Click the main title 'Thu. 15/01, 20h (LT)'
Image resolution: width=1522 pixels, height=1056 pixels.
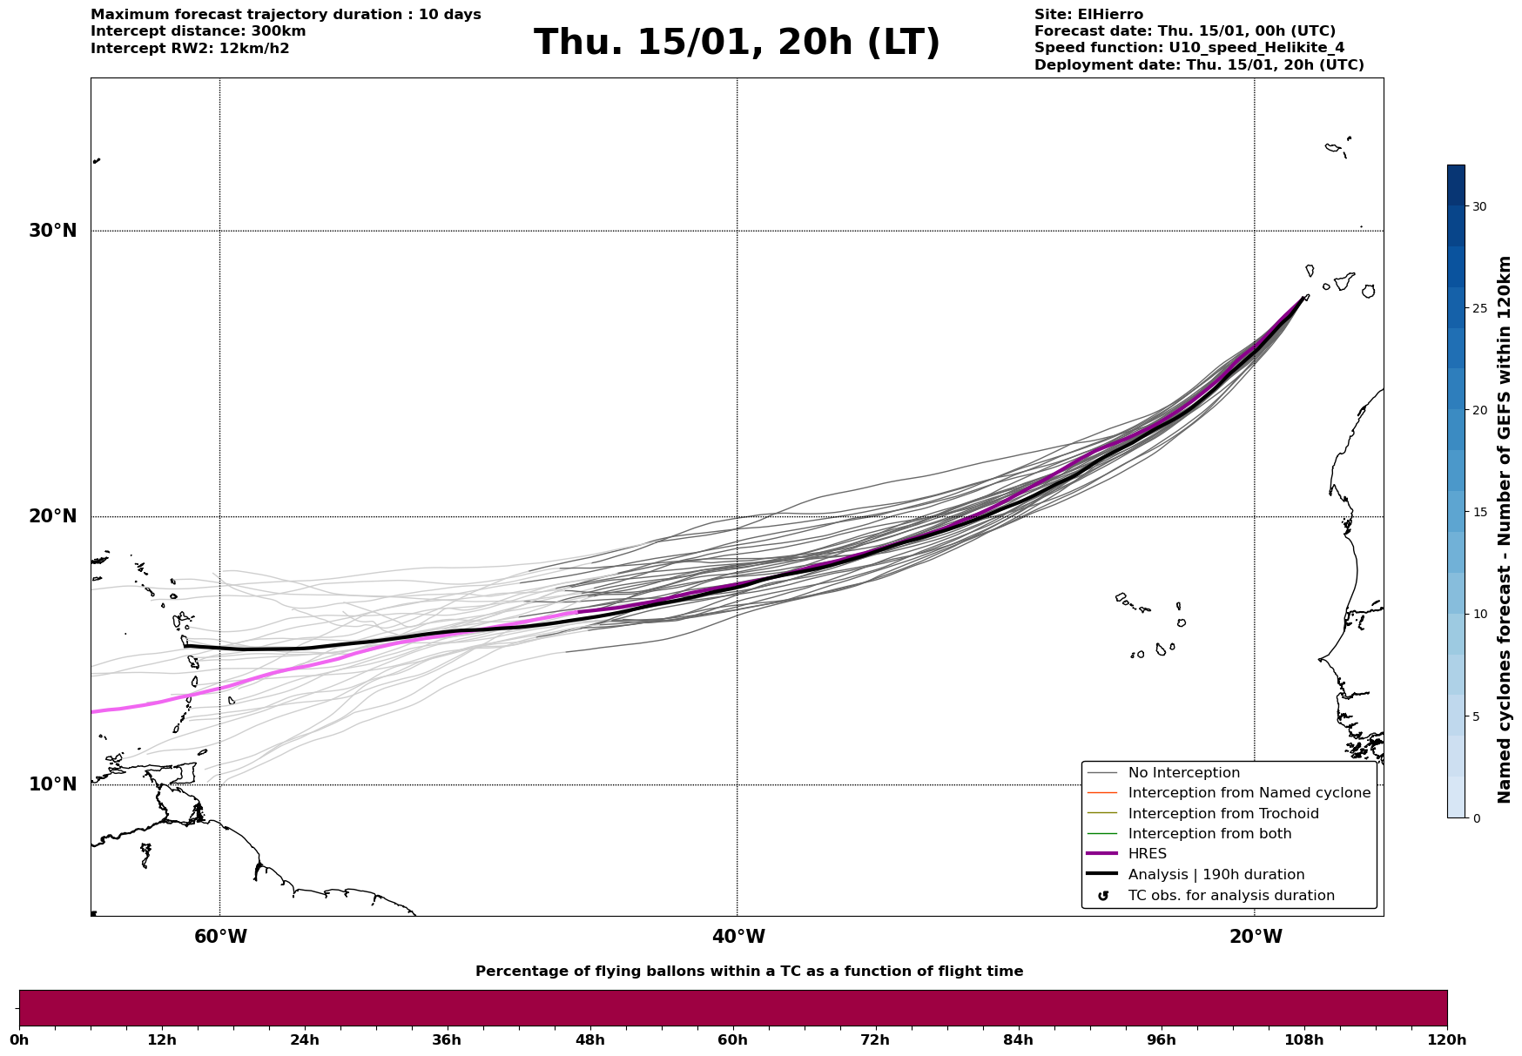coord(737,43)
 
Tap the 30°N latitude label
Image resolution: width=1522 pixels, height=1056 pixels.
coord(52,231)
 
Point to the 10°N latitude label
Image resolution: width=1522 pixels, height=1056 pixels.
coord(52,784)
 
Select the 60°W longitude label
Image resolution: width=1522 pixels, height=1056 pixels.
coord(220,937)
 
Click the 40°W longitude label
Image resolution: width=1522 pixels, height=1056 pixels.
coord(738,937)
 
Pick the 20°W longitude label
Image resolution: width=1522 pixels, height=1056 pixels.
coord(1256,937)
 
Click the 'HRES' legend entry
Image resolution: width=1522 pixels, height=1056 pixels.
coord(1147,854)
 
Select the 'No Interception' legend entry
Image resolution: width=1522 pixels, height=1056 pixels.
coord(1183,773)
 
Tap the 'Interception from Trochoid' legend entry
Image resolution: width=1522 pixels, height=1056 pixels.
coord(1222,814)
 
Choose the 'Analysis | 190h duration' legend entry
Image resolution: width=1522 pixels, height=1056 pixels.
coord(1216,875)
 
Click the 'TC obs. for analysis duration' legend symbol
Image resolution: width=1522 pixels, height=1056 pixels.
coord(1104,896)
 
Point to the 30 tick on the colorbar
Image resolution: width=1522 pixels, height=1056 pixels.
coord(1479,206)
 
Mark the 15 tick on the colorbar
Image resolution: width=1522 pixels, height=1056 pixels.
coord(1479,512)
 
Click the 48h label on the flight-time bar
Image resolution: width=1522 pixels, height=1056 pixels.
coord(589,1039)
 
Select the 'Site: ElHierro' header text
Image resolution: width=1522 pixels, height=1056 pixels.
coord(1088,15)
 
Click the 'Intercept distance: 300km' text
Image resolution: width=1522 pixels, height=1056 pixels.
coord(198,31)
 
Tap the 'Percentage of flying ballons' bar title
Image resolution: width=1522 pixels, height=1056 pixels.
coord(749,972)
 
